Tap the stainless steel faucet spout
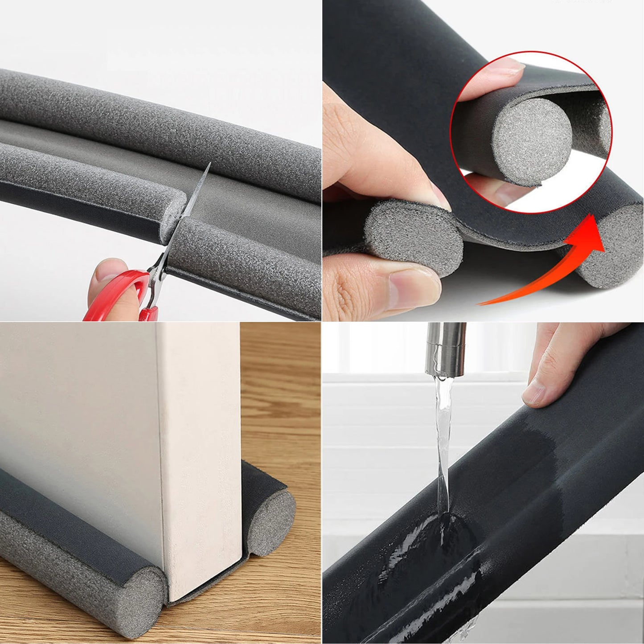(x=446, y=348)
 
